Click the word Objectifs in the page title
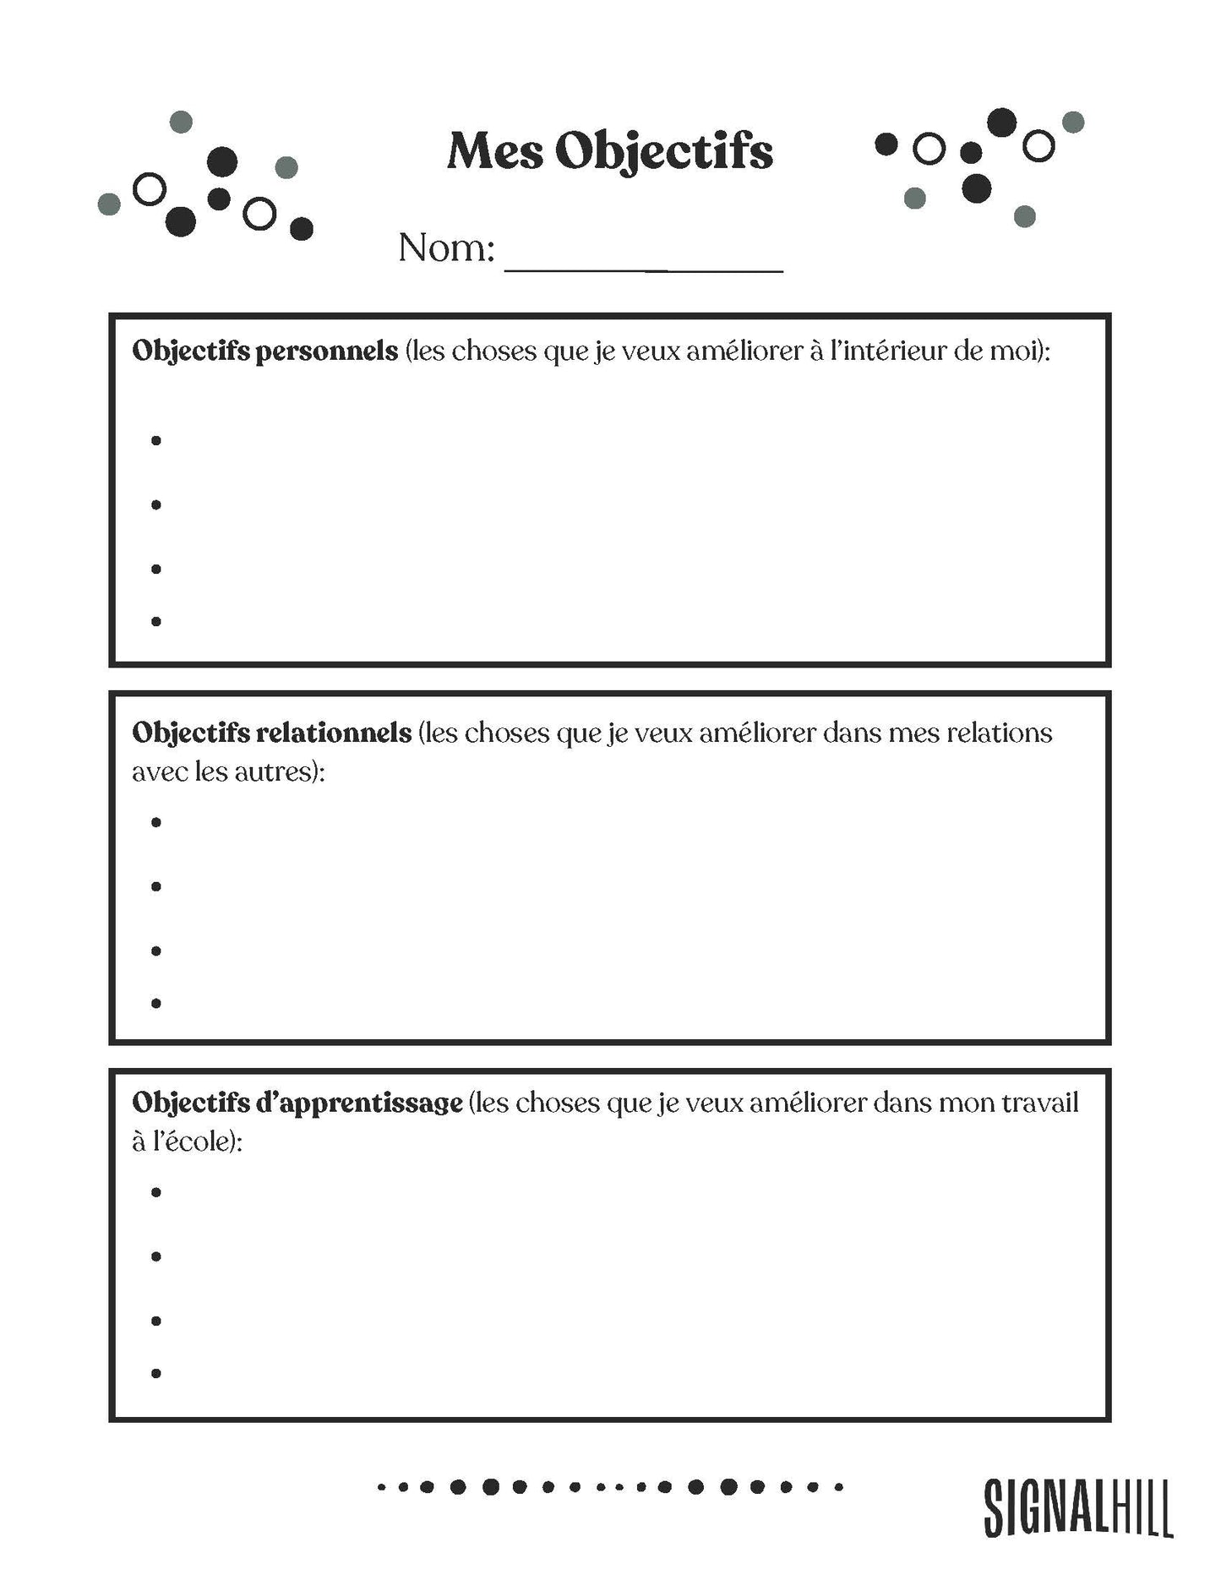(x=664, y=153)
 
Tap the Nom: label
(x=445, y=248)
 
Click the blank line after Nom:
(x=644, y=262)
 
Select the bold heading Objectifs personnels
(x=264, y=351)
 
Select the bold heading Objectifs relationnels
(x=271, y=733)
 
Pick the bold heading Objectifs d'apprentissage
(x=297, y=1103)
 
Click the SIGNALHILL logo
(x=1078, y=1507)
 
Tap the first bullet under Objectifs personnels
(x=156, y=440)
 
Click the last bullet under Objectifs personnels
(x=156, y=621)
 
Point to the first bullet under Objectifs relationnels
(x=156, y=822)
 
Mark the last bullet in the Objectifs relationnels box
(x=156, y=1003)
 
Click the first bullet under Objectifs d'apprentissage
(x=156, y=1192)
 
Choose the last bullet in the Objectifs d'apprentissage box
(x=156, y=1373)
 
